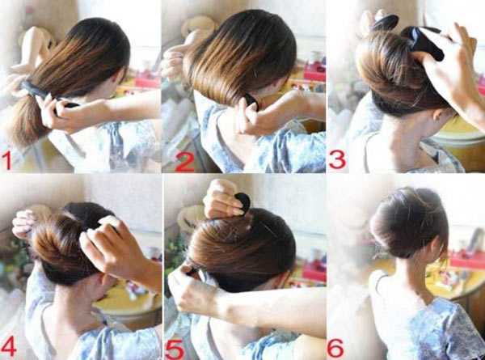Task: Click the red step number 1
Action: [6, 160]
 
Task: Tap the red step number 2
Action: [184, 162]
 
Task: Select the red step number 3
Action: [337, 159]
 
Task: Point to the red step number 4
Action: [9, 346]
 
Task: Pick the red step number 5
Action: [175, 349]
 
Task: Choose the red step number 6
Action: [335, 348]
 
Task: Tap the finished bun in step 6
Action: [409, 222]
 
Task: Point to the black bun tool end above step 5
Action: [243, 201]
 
